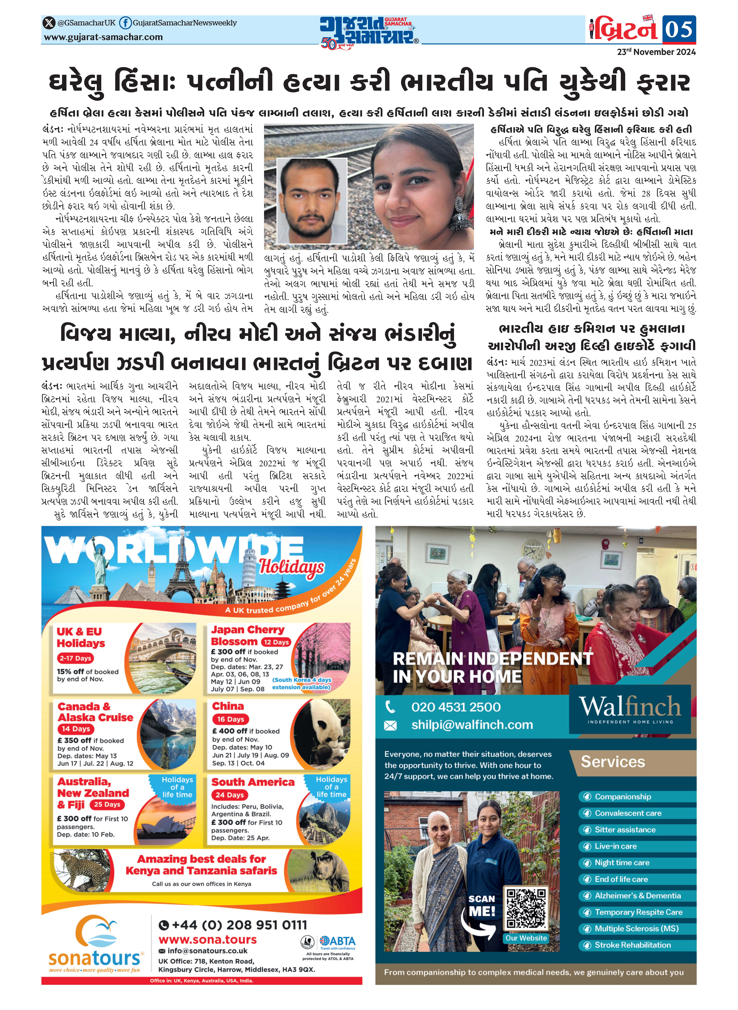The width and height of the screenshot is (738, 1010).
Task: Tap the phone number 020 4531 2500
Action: [456, 707]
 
